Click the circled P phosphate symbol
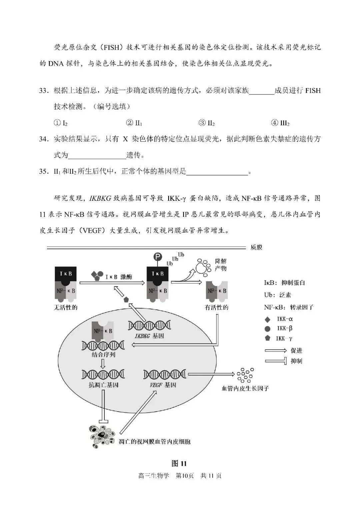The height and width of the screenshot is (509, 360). [157, 257]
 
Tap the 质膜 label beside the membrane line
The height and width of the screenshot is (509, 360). [256, 247]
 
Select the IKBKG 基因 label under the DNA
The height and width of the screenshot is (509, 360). [149, 336]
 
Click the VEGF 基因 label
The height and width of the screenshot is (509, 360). [163, 385]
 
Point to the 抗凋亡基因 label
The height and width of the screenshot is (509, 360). [103, 385]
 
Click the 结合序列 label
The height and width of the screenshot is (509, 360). [103, 355]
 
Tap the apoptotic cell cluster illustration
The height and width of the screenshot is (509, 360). [102, 436]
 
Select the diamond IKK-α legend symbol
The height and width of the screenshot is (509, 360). [267, 319]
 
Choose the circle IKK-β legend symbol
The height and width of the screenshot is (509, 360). [267, 329]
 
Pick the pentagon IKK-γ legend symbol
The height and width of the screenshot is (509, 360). [267, 338]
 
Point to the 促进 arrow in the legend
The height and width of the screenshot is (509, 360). [276, 351]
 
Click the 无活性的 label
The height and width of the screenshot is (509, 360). [66, 307]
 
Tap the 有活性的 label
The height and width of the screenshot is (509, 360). [216, 307]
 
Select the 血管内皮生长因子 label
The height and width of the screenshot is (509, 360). [245, 388]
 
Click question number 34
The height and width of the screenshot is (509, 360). [44, 139]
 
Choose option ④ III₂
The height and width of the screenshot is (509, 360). [280, 123]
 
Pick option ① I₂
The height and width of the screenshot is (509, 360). [61, 123]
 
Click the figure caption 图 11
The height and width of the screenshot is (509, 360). [179, 463]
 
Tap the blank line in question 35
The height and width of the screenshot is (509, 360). [217, 172]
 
